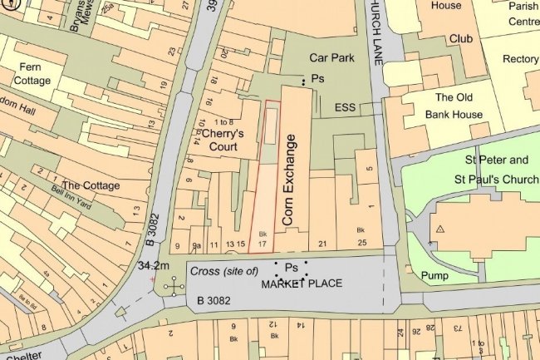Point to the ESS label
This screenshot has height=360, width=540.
click(345, 108)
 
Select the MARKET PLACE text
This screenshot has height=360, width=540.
click(302, 284)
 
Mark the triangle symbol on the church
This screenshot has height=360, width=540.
click(440, 227)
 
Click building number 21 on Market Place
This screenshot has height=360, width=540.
click(324, 243)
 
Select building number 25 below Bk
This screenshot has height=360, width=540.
click(361, 243)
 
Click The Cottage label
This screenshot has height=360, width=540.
click(91, 185)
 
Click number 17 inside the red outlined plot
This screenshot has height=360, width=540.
click(262, 244)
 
